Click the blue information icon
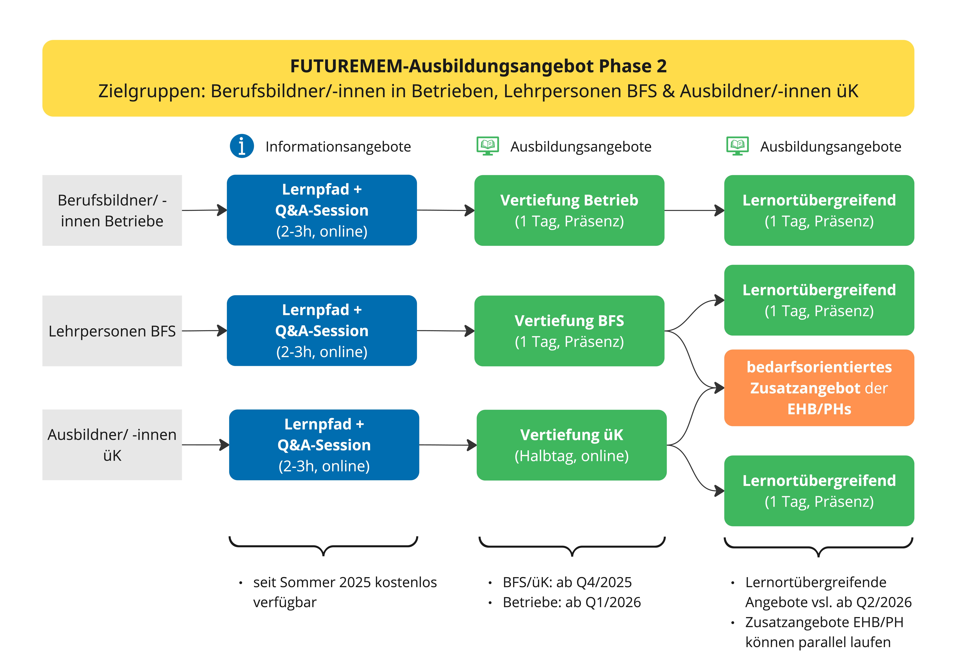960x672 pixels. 242,146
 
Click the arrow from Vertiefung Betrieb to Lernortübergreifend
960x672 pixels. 694,210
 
